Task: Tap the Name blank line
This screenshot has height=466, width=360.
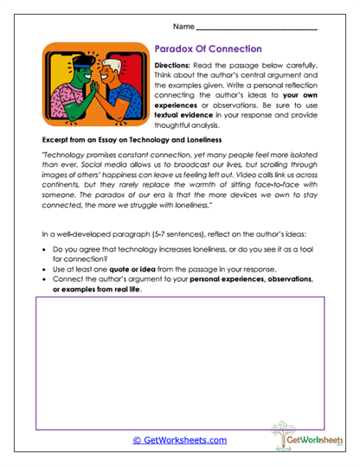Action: point(268,29)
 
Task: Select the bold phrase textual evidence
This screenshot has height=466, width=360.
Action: point(187,114)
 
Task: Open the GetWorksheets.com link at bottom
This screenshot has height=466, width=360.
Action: point(180,439)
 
